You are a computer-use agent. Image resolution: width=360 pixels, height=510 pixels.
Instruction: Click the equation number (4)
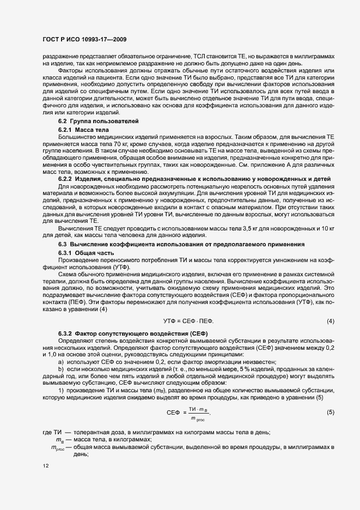tap(330, 321)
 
